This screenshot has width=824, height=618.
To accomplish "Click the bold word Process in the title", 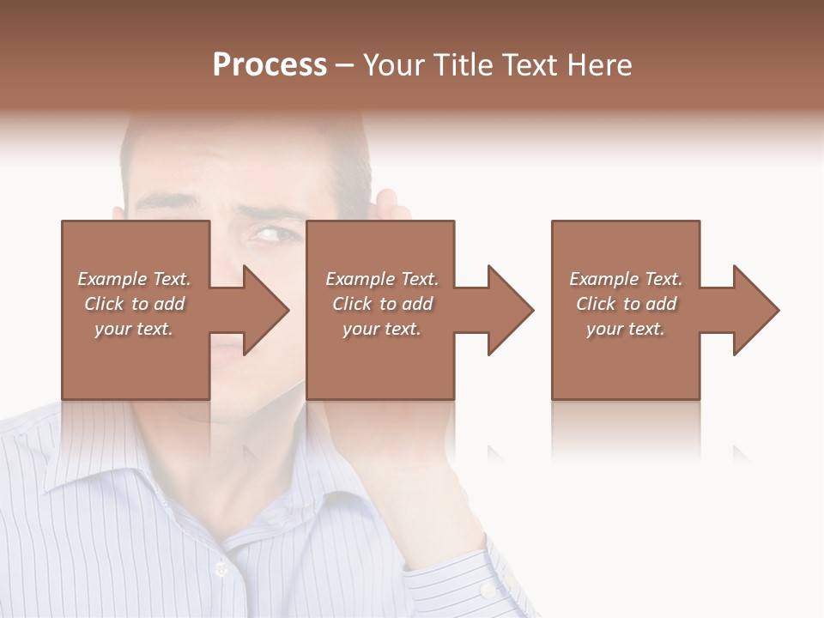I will pos(270,65).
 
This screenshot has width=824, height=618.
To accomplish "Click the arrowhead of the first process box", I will pos(266,310).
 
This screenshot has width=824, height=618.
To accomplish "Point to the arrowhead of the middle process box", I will pos(511,310).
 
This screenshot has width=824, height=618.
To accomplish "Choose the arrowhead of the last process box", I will pos(756,310).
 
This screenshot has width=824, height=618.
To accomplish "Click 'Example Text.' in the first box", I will pos(134,279).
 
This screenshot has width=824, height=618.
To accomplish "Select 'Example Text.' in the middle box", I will pos(382,279).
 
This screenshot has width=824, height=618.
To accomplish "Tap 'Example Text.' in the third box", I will pos(626,279).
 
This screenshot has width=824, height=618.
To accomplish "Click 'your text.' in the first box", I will pos(134,329).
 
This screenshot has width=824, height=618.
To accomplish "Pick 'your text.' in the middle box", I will pos(382,329).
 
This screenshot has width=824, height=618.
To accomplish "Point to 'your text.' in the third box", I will pos(626,329).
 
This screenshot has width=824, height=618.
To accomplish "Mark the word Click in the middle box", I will pos(352,304).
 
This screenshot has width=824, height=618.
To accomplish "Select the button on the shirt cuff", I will pos(488,591).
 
